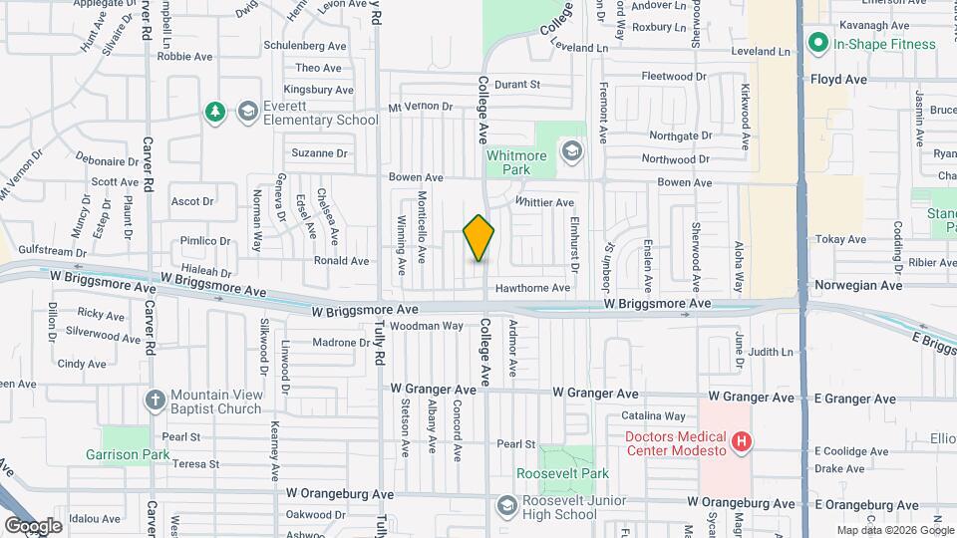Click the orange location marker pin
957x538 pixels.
click(478, 238)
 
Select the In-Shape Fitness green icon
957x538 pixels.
click(818, 43)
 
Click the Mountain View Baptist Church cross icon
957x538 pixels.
click(155, 401)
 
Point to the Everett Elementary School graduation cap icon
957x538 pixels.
click(245, 112)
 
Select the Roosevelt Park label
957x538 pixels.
click(547, 473)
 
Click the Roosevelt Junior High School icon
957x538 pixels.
click(506, 507)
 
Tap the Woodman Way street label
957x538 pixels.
click(427, 326)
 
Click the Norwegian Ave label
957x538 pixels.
click(857, 285)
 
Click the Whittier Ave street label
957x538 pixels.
click(544, 202)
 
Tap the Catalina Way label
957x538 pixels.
click(653, 415)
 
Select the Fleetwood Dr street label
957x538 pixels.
click(674, 76)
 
